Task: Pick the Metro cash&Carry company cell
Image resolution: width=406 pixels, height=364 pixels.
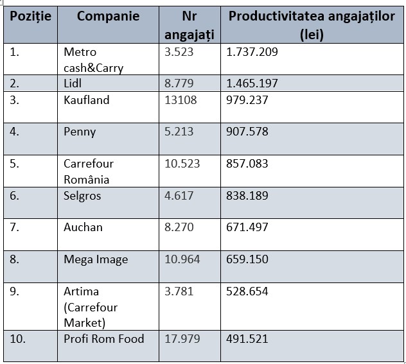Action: [93, 60]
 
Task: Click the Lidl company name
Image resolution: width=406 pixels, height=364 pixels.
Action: [73, 83]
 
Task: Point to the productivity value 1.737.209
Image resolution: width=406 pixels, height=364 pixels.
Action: [252, 52]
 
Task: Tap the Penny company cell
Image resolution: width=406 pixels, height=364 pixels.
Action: [80, 132]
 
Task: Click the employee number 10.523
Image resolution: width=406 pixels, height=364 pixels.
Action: [182, 164]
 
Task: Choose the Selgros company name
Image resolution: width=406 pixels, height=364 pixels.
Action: [82, 196]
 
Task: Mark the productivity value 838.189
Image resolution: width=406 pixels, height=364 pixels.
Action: [247, 196]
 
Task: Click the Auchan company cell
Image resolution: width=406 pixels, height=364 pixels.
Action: [83, 227]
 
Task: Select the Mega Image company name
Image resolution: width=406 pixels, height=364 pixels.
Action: [96, 259]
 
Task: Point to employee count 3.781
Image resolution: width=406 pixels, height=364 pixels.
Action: [179, 291]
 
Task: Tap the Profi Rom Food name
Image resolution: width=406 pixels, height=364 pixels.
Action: [104, 338]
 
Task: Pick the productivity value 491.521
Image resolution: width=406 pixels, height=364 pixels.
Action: [247, 338]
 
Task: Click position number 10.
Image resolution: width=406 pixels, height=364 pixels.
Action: [18, 338]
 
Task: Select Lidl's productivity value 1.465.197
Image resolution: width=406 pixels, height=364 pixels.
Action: [252, 83]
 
